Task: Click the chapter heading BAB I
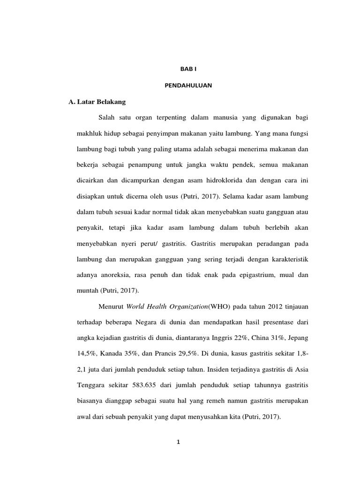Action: click(189, 69)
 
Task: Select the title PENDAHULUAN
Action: click(189, 85)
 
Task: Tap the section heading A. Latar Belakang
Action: click(97, 101)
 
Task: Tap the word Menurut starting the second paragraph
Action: click(111, 307)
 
